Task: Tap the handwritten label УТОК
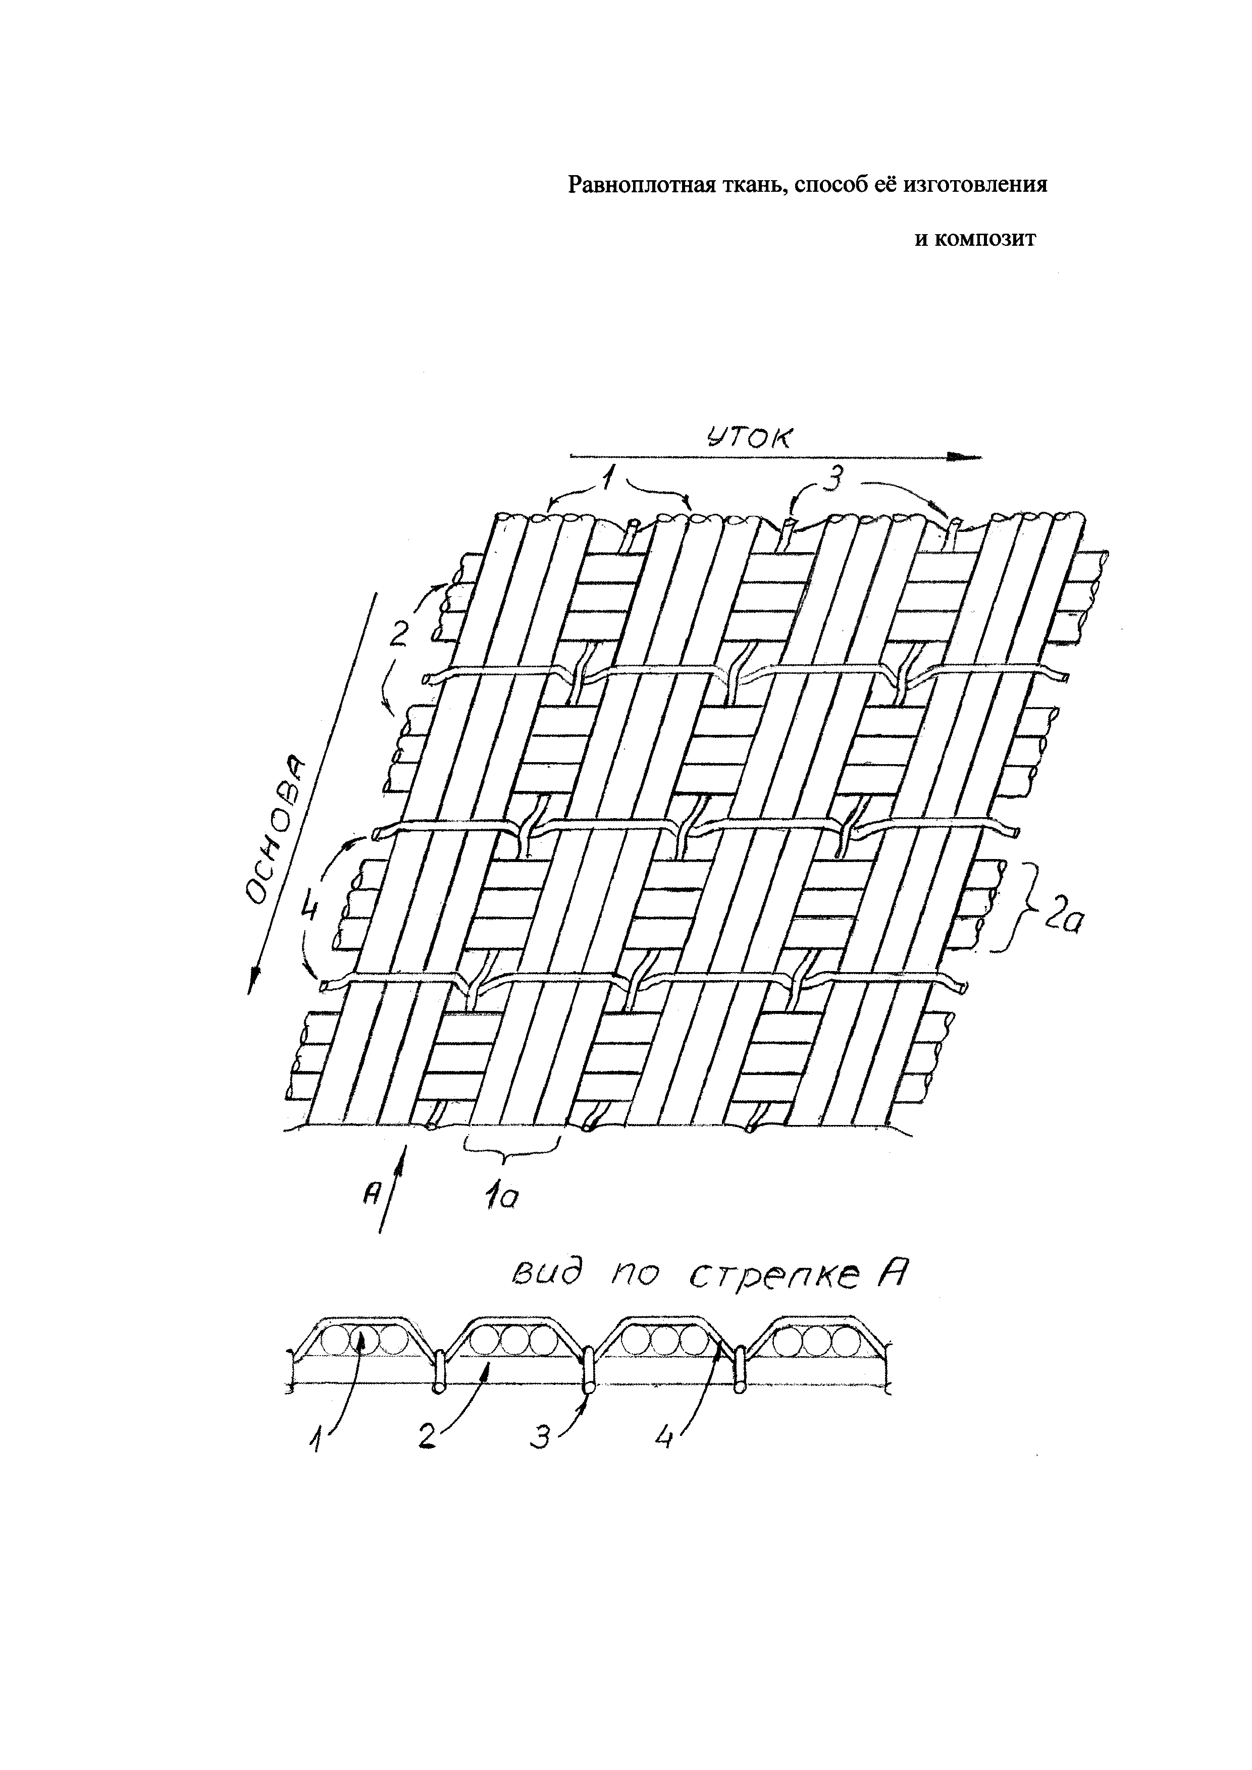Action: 748,439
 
